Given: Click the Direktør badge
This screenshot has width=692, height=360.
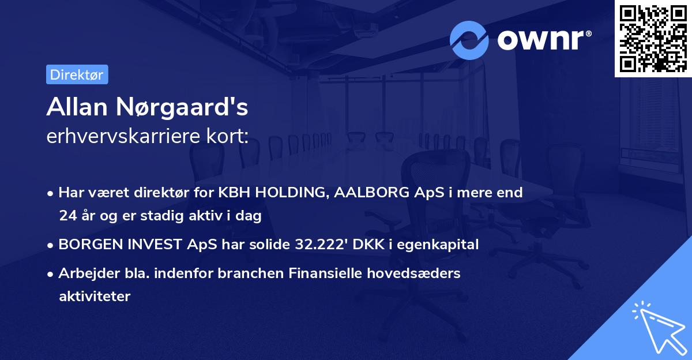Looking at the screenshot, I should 77,74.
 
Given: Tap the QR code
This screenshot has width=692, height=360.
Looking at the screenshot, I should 653,38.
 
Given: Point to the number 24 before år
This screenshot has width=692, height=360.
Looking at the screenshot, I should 66,216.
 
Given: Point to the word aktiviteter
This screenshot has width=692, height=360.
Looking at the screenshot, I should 95,297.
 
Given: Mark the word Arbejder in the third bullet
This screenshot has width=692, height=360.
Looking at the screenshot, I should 84,273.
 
